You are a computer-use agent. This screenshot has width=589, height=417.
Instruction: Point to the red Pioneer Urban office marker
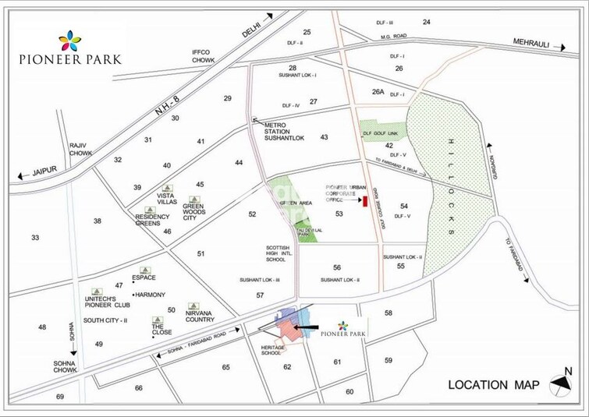(364, 202)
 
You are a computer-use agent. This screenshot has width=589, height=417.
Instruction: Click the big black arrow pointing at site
(308, 328)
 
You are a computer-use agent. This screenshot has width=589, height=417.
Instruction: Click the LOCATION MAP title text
(494, 384)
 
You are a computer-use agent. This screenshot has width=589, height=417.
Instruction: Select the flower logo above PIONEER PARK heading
(69, 40)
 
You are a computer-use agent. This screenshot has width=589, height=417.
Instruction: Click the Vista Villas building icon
(170, 189)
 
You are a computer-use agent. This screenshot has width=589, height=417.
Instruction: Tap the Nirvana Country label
(199, 316)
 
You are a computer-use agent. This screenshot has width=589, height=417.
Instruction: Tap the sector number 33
(35, 237)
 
